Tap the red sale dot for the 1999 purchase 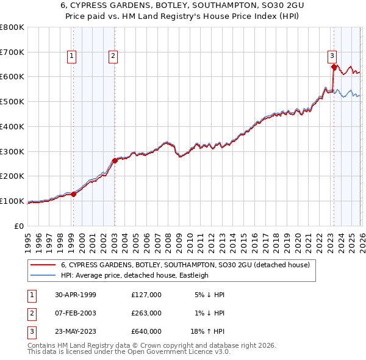(73, 194)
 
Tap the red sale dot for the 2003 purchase (114, 160)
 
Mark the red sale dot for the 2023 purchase (333, 67)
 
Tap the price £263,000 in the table (146, 313)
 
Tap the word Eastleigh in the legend (192, 275)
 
